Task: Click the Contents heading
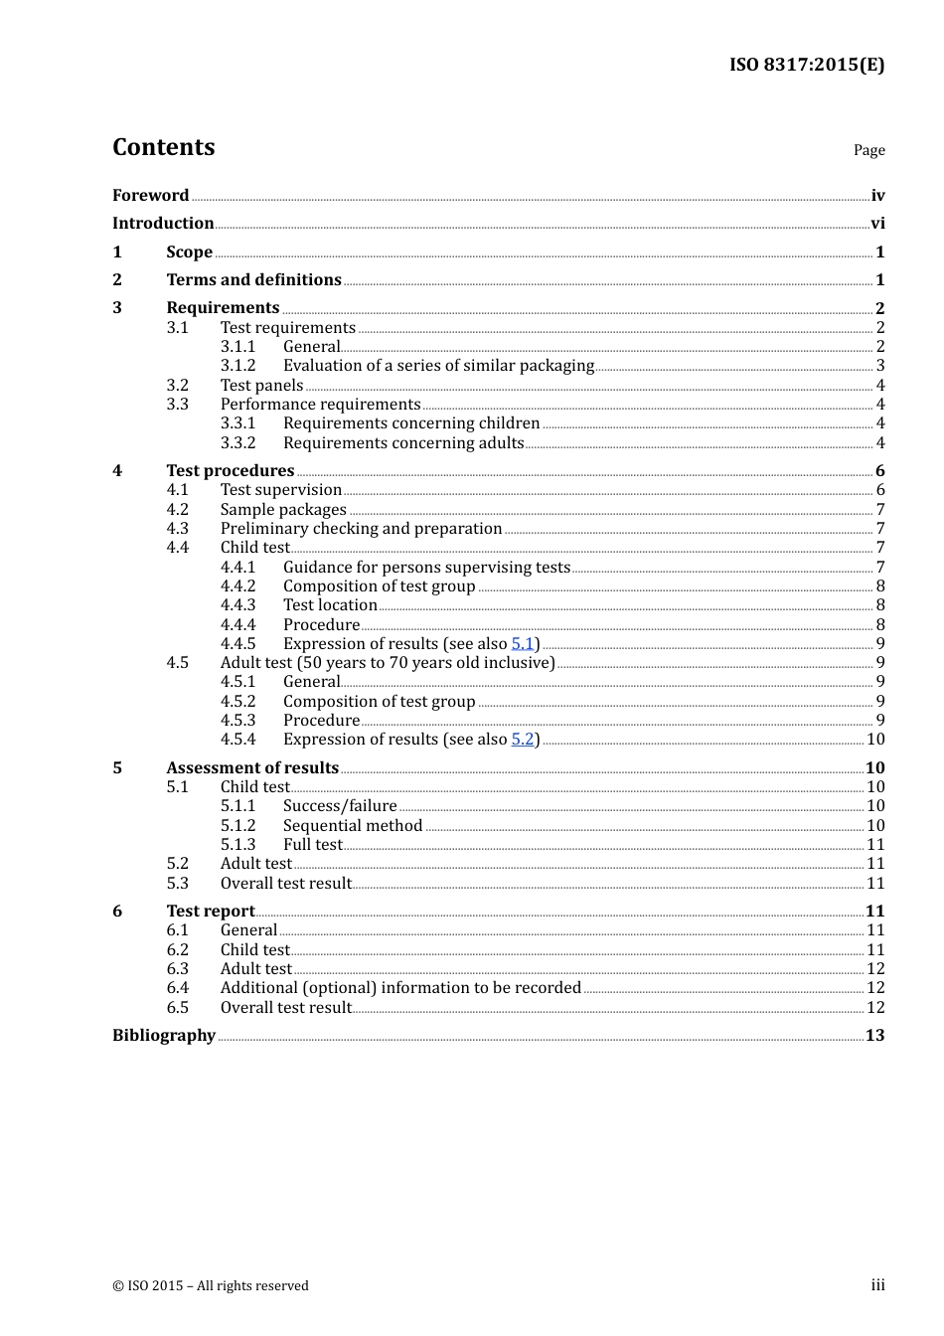click(163, 147)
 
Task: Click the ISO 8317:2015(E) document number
click(806, 65)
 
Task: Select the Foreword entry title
click(150, 195)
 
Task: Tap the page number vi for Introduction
click(877, 224)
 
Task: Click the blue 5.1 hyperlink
click(523, 644)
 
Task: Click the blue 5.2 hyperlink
click(523, 740)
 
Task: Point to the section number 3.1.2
click(237, 366)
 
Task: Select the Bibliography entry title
click(163, 1036)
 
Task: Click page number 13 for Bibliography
click(874, 1036)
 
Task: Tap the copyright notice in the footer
click(211, 1286)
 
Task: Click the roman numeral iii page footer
click(877, 1285)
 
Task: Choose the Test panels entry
click(261, 386)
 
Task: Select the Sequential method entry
click(353, 826)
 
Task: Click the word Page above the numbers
click(868, 150)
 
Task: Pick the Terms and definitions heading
click(253, 280)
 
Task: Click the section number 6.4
click(177, 988)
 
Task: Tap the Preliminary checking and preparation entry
click(361, 529)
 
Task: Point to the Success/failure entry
click(340, 806)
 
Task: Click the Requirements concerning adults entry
click(403, 443)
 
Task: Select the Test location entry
click(330, 605)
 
